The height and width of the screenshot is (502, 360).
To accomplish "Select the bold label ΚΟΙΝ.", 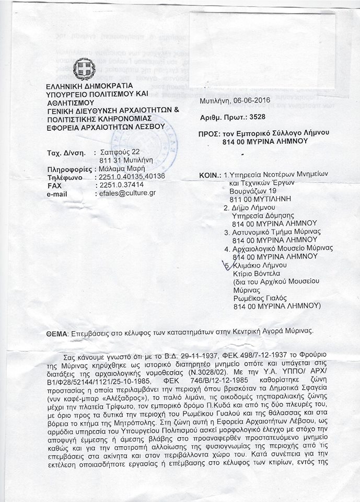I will point(210,174).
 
